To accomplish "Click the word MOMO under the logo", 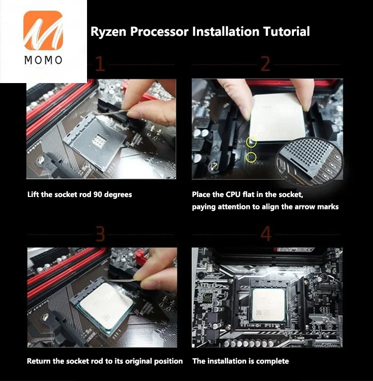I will [43, 61].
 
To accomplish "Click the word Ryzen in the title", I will [108, 32].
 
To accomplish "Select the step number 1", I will [100, 65].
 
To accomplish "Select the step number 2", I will [266, 65].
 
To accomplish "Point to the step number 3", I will [100, 233].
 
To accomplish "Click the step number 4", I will [266, 233].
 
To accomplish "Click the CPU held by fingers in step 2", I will [277, 117].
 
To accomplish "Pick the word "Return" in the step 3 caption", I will [39, 361].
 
